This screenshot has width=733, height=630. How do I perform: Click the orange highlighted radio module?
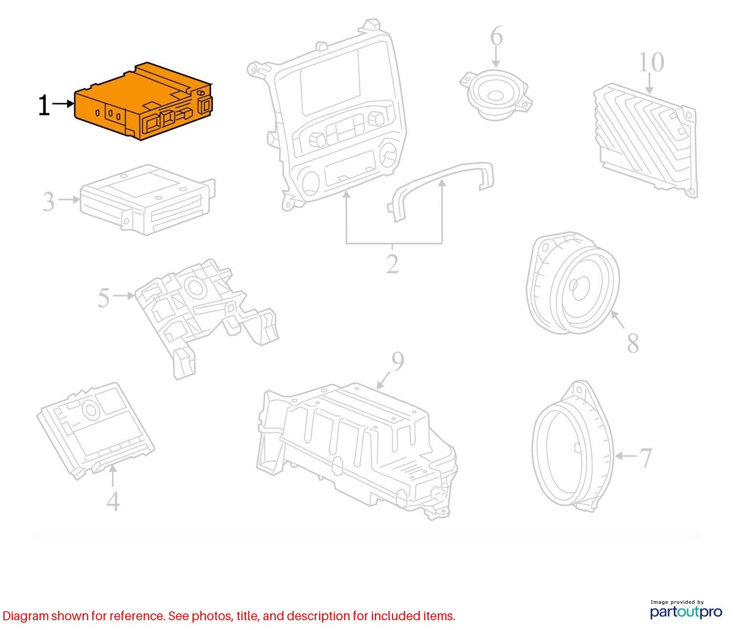[x=144, y=101]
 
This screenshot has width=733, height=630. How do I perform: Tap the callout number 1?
[x=43, y=105]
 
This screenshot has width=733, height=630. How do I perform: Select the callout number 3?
[x=49, y=202]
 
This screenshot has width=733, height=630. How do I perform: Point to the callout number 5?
[x=104, y=297]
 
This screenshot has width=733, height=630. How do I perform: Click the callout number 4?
[x=113, y=501]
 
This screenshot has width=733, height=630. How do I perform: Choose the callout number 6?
[x=496, y=36]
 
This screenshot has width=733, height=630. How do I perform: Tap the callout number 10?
[x=651, y=63]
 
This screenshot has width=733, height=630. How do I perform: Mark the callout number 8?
[x=633, y=343]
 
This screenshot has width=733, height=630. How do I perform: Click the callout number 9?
[x=397, y=361]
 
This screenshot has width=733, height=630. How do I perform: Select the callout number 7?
[x=646, y=458]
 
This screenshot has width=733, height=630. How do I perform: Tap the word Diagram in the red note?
[x=26, y=616]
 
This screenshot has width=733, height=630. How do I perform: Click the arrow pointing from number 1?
[x=63, y=104]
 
